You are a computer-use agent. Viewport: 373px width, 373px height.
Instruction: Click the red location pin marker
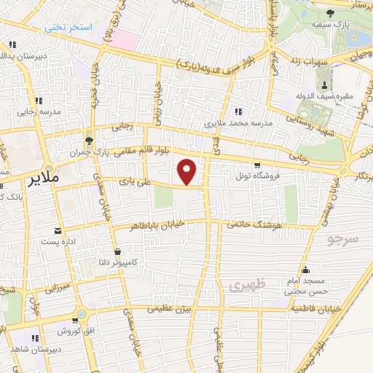pos(188,171)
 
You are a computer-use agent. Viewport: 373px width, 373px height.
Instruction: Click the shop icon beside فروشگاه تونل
pos(256,166)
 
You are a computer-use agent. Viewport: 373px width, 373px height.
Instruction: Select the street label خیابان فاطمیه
pos(315,309)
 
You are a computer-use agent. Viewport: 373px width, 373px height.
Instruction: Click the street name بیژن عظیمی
pos(171,309)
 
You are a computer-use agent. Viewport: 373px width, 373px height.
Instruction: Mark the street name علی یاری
pos(136,183)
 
